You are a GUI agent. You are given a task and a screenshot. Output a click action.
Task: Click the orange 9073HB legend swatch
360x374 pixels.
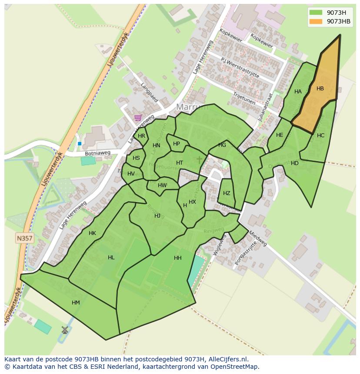[316, 21]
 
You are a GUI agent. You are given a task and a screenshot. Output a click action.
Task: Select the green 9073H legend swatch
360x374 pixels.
[316, 12]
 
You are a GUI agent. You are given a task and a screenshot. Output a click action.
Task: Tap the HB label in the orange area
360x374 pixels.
[320, 89]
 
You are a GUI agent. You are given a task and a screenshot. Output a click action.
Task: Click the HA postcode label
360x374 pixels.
[298, 92]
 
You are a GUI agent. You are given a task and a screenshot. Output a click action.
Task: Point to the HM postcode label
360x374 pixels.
[76, 303]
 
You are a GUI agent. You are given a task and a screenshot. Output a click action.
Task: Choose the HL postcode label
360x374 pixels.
[111, 258]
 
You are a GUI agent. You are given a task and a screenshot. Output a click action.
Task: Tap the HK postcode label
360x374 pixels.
[92, 233]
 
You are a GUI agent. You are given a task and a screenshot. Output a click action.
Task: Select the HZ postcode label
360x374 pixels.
[227, 193]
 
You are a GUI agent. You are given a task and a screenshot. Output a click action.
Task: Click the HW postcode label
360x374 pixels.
[162, 185]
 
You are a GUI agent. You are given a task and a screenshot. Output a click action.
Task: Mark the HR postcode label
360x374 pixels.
[141, 136]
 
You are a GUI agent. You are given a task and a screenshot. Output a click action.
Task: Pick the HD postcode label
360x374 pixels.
[295, 163]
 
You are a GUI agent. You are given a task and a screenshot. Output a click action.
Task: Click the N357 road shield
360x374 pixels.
[25, 238]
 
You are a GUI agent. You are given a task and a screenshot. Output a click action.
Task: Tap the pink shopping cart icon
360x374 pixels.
[138, 117]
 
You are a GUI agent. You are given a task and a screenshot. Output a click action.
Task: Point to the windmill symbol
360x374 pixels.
[65, 330]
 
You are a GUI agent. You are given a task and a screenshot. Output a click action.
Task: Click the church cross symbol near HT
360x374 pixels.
[199, 160]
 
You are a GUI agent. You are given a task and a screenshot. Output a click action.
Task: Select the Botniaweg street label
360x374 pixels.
[97, 153]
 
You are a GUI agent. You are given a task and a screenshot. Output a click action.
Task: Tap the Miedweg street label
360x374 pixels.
[257, 238]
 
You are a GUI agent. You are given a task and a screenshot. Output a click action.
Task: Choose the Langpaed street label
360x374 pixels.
[150, 93]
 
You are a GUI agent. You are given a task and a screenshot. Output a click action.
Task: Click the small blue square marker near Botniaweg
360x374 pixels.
[80, 143]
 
